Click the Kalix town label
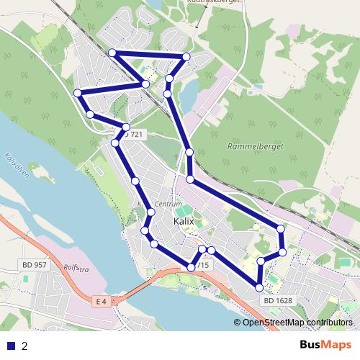186,223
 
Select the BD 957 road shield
34,265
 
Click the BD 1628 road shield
277,300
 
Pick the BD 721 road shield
133,135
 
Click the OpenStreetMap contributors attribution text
297,322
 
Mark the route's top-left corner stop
112,53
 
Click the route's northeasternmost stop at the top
186,56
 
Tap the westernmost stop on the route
77,92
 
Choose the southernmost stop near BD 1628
260,288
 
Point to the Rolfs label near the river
75,269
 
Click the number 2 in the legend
24,346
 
